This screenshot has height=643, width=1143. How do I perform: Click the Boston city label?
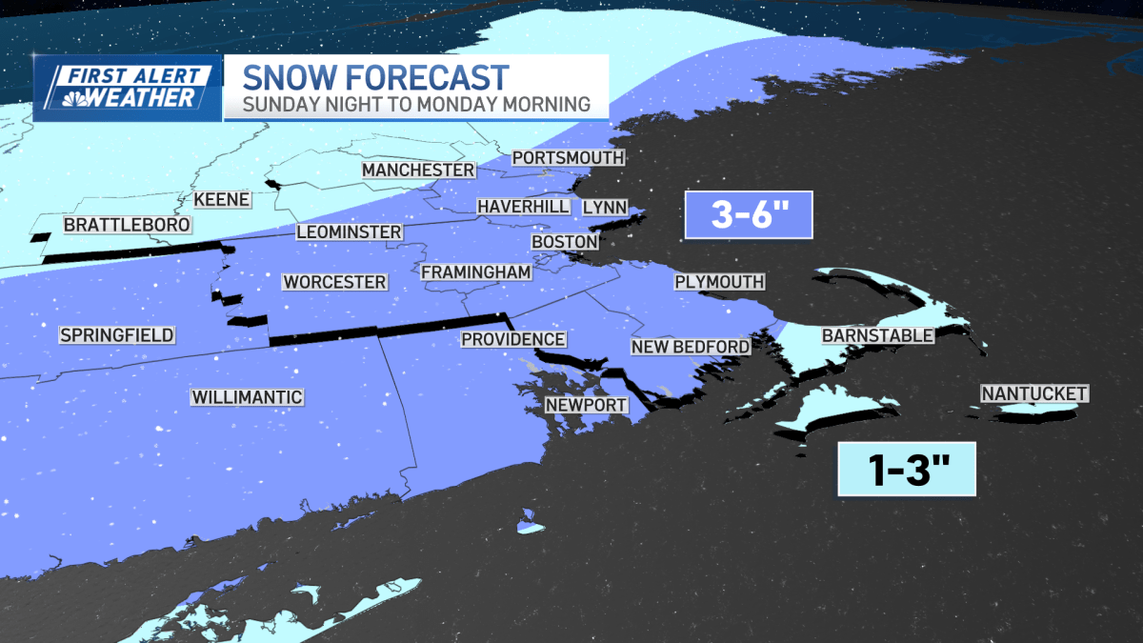(564, 242)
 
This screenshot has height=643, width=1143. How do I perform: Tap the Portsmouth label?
(568, 157)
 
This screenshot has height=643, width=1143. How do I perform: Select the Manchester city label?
(418, 170)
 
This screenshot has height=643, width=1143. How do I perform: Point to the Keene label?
(221, 200)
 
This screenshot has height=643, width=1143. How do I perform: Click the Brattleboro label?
(127, 225)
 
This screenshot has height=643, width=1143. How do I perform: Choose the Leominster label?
(349, 231)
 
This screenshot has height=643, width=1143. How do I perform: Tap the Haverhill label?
(523, 206)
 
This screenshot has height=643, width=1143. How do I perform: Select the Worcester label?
(334, 282)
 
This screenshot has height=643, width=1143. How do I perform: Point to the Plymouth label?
(719, 281)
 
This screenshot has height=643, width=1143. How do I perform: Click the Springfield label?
(116, 334)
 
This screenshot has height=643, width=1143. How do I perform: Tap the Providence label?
(513, 339)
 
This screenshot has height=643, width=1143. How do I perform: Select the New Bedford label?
(691, 346)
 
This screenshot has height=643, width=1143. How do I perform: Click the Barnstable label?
(877, 335)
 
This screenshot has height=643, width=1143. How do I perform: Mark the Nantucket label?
(1034, 393)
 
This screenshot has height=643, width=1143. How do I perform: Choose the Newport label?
(586, 405)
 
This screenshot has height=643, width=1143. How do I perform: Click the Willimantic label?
(247, 397)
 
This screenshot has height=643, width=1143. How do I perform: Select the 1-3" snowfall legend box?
(906, 469)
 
